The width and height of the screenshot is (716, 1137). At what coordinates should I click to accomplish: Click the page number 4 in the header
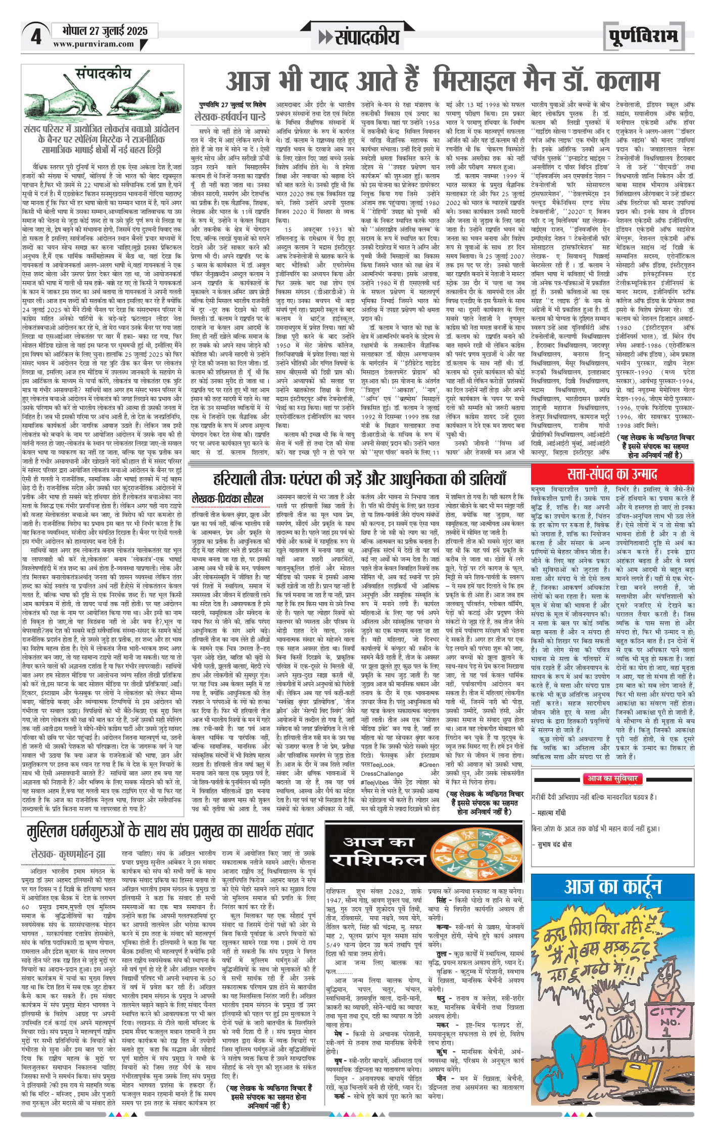coord(35,37)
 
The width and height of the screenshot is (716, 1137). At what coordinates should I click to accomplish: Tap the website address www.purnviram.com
coord(93,44)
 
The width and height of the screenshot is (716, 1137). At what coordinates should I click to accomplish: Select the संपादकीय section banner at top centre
coord(359,37)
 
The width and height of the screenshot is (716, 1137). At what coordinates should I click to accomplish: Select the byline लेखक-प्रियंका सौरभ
coord(228,499)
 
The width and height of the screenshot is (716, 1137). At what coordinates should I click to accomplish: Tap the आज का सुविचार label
coord(612,778)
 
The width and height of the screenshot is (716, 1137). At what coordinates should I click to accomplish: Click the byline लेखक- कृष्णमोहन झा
coord(68,854)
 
